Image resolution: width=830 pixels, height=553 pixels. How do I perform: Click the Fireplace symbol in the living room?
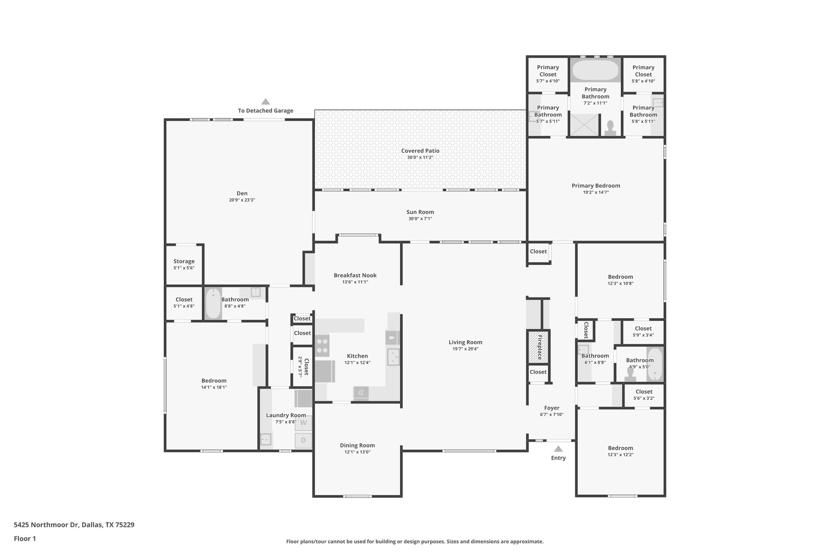538,347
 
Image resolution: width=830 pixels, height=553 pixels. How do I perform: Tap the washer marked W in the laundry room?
303,423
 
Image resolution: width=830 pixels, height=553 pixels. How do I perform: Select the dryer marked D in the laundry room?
303,440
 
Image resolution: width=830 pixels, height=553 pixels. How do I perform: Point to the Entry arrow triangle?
558,449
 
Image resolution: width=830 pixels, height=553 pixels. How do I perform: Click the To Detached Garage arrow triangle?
265,101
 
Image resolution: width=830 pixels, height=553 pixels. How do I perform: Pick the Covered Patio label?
420,151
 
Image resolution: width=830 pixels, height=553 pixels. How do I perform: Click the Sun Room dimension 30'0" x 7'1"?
420,219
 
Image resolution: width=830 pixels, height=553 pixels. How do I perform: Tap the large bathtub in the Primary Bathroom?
595,70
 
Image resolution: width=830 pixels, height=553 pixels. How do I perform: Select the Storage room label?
184,261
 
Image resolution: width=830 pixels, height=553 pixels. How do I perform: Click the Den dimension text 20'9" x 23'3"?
242,200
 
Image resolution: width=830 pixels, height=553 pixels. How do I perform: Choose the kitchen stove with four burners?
322,345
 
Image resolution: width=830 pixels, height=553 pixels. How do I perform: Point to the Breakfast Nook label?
355,275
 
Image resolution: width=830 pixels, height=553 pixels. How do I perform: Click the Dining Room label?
357,445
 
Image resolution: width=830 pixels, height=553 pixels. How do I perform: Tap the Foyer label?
552,408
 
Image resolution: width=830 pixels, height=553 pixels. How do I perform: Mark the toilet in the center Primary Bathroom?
610,128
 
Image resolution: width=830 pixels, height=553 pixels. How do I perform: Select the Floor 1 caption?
25,538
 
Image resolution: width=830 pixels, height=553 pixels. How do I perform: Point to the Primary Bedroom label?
596,186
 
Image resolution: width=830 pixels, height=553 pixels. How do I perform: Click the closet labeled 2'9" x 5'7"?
303,366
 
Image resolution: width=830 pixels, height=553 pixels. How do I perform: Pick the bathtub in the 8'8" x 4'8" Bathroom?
213,303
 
